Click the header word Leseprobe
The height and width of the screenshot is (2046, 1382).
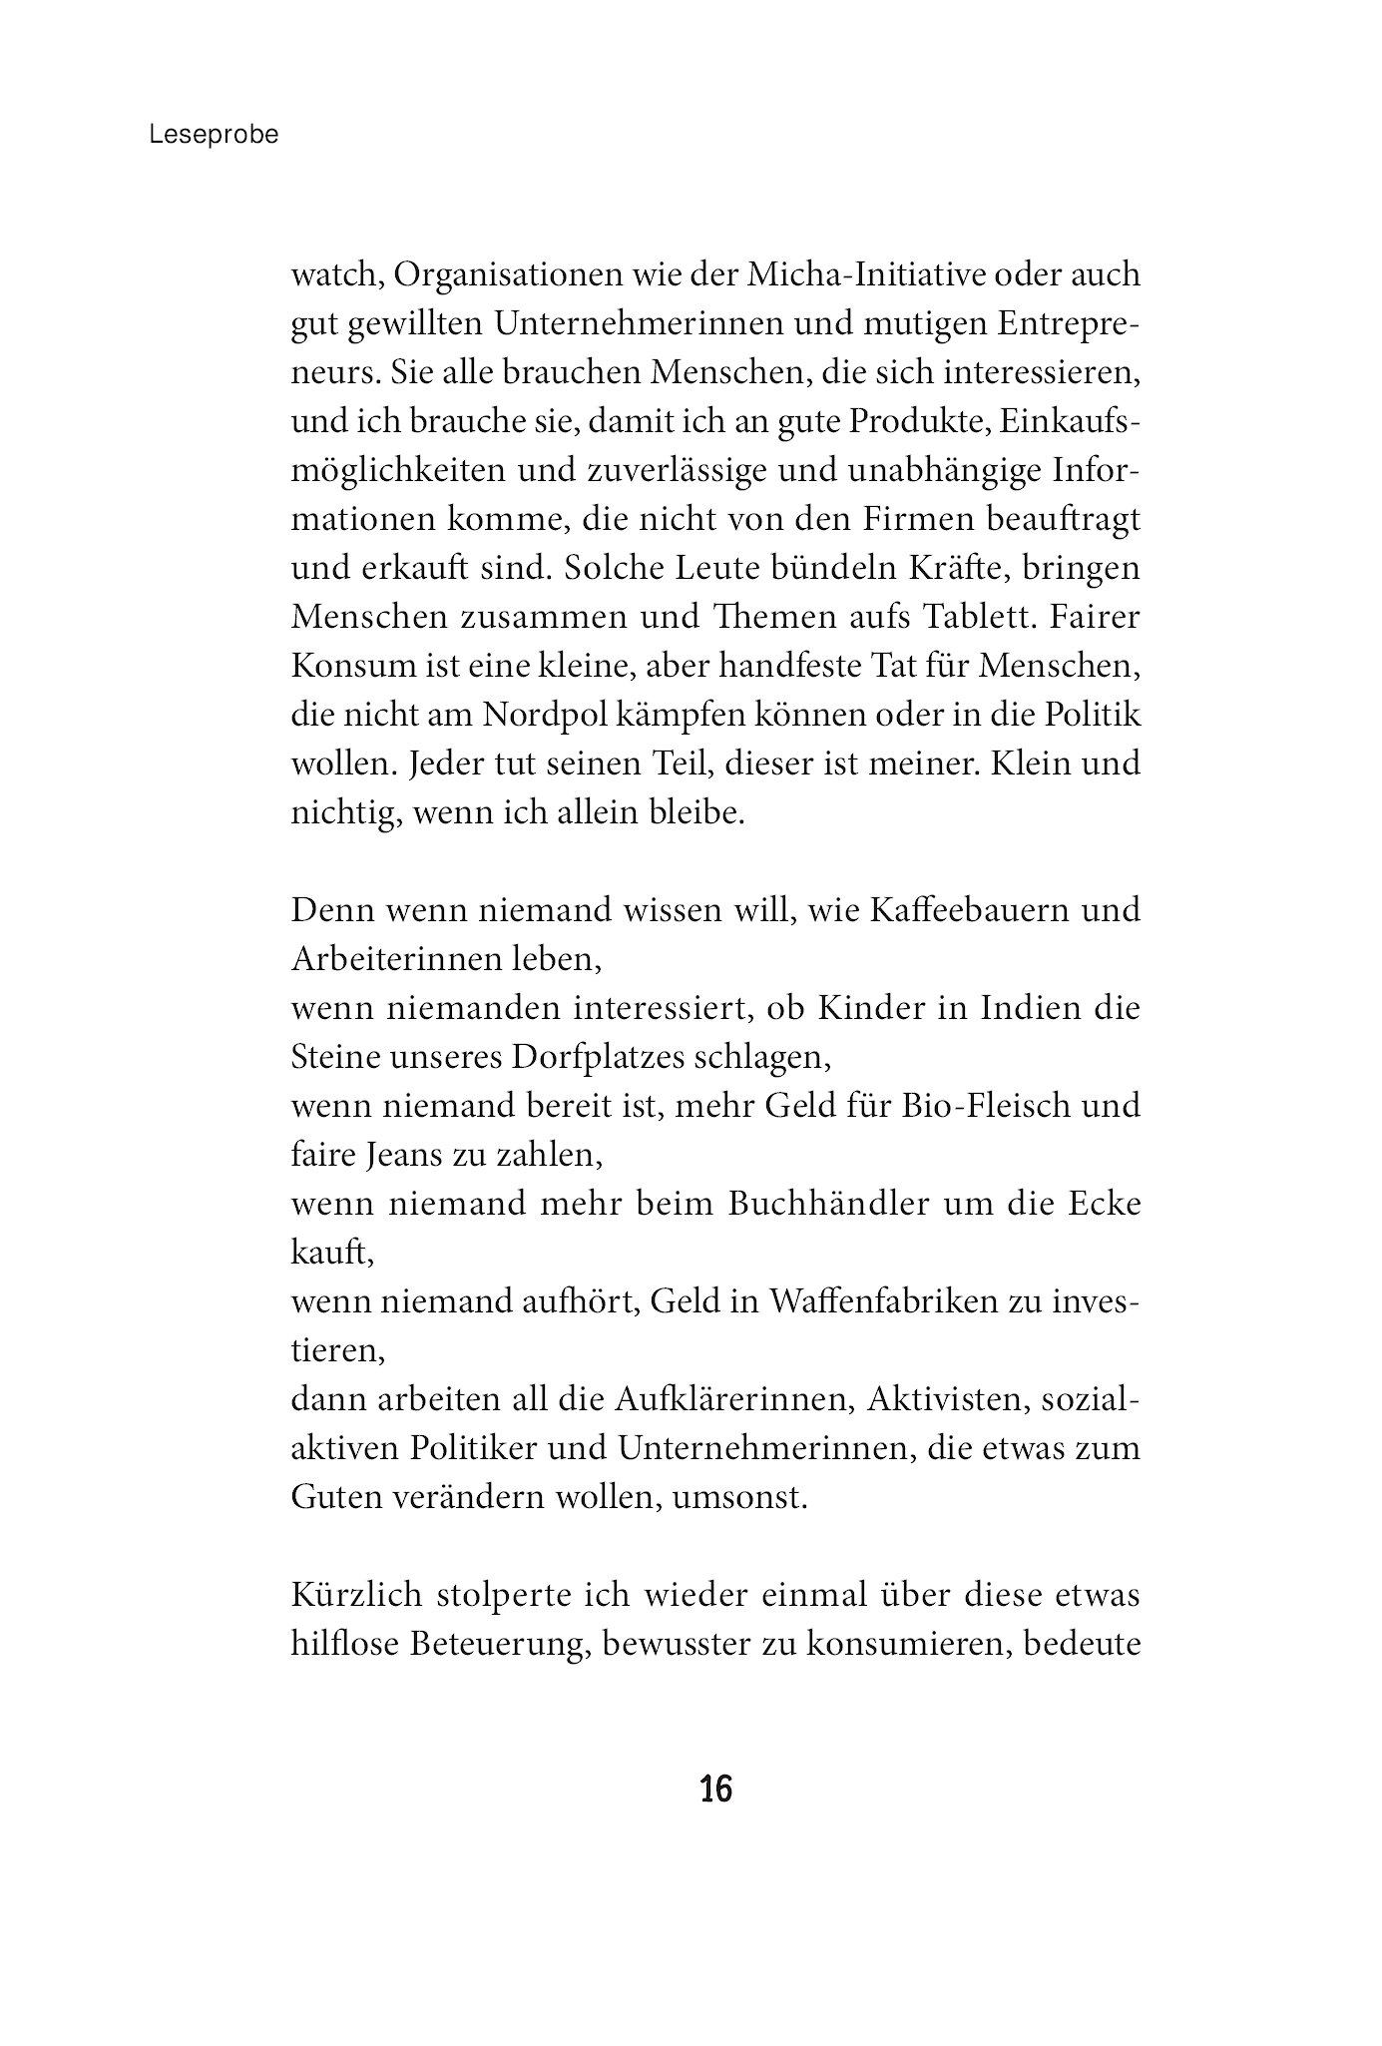click(x=214, y=136)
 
